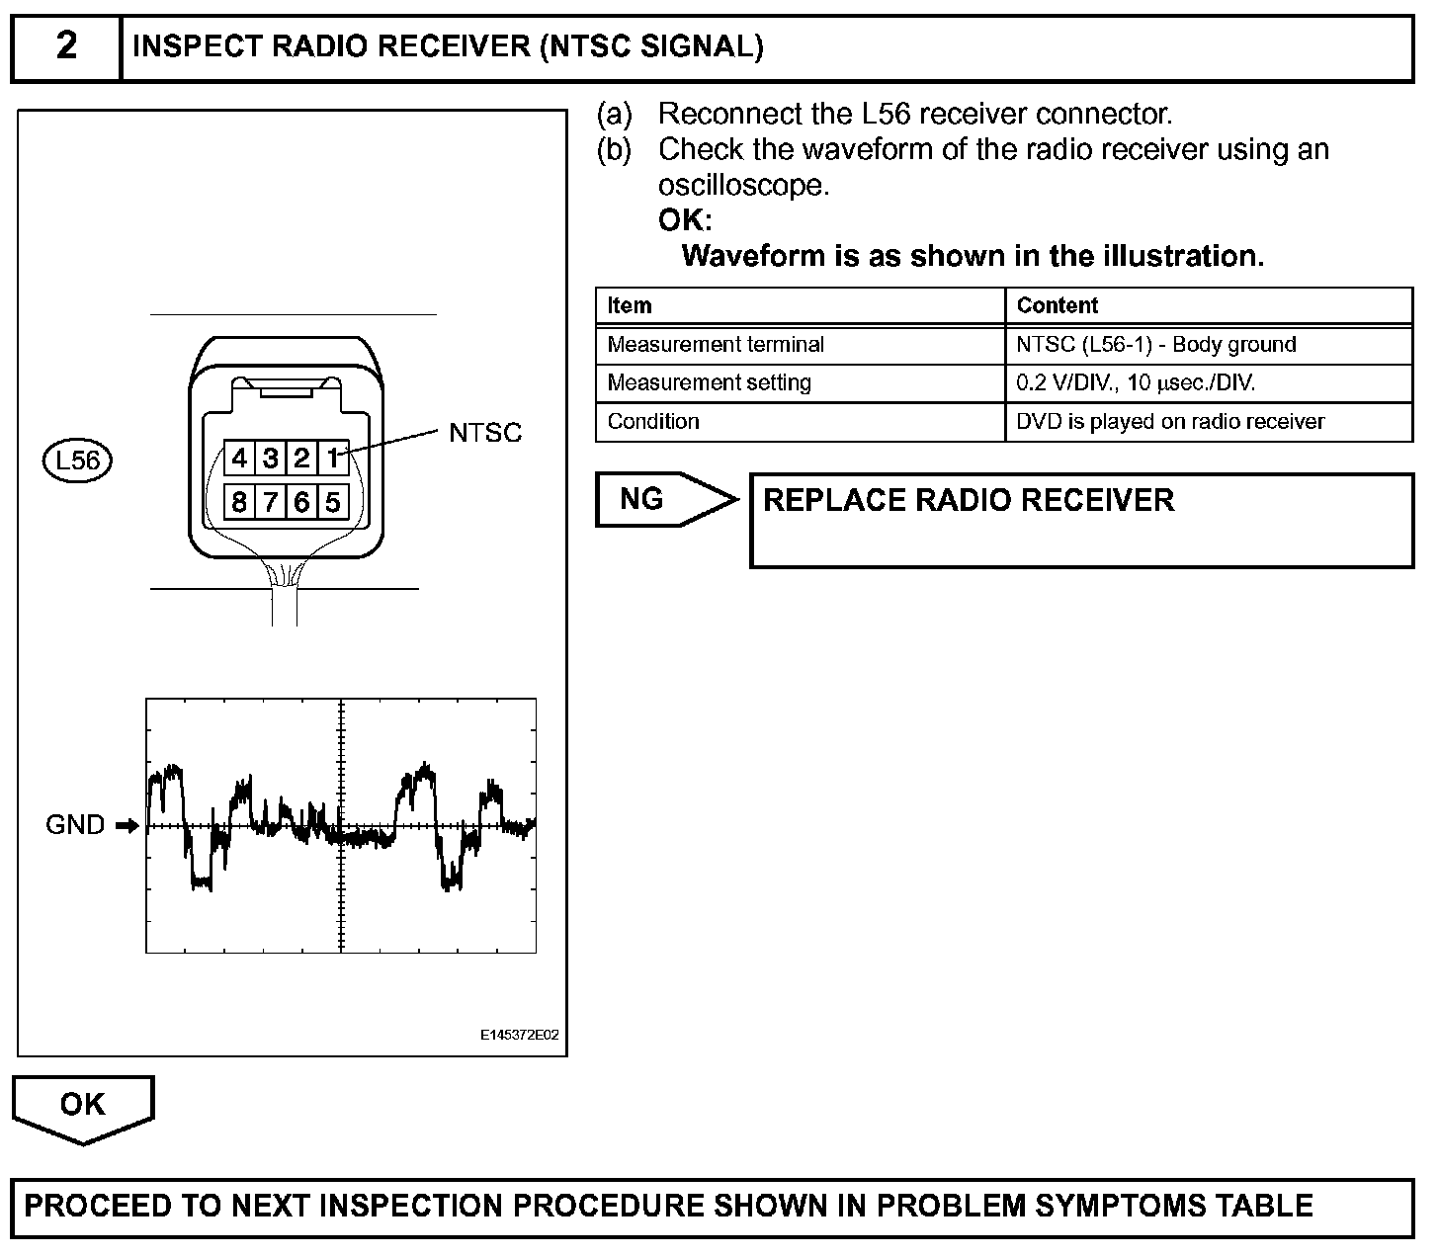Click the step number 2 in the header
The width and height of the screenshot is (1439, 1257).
pos(65,46)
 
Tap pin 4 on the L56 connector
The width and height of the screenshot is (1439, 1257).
pos(239,458)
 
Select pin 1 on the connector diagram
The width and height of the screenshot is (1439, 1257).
pos(334,458)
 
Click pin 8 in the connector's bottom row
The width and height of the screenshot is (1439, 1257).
pos(239,502)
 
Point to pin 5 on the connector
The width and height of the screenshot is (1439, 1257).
pos(333,502)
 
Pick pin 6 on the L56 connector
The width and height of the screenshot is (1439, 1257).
pos(301,502)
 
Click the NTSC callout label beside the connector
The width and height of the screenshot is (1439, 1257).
pos(484,433)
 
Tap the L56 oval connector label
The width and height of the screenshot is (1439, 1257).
pos(77,461)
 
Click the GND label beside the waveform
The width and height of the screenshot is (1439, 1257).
pos(75,824)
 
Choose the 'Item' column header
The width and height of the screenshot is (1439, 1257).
pos(630,305)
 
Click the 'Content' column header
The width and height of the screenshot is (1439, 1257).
pos(1057,305)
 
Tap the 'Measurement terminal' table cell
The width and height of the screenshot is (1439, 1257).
pos(716,344)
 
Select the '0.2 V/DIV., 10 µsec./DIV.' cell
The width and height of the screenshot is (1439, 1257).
pos(1136,382)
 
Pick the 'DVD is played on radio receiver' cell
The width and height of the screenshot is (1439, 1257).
pos(1170,421)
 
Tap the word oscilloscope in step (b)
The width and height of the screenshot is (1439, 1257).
pos(741,185)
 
